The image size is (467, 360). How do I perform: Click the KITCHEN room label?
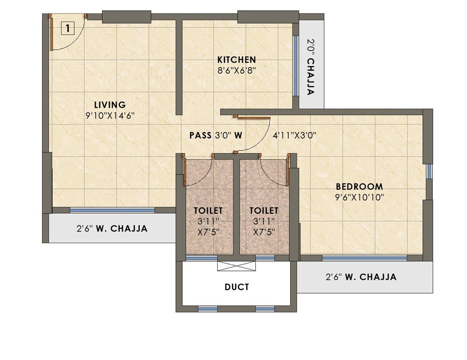pyautogui.click(x=236, y=60)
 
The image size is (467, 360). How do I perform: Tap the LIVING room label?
pyautogui.click(x=110, y=105)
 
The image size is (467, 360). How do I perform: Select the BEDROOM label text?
pyautogui.click(x=359, y=187)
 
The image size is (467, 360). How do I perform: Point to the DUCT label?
pyautogui.click(x=236, y=287)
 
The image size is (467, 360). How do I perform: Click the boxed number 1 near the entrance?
pyautogui.click(x=67, y=29)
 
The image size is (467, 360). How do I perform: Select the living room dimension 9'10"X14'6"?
pyautogui.click(x=110, y=116)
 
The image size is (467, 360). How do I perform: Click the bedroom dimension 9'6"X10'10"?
pyautogui.click(x=359, y=197)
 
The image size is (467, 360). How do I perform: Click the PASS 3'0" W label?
pyautogui.click(x=216, y=135)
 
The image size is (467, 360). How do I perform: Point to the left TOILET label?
pyautogui.click(x=208, y=210)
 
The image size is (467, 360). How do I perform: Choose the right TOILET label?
pyautogui.click(x=264, y=210)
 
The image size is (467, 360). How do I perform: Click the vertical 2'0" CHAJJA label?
pyautogui.click(x=310, y=67)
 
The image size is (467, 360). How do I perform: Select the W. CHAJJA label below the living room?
pyautogui.click(x=112, y=228)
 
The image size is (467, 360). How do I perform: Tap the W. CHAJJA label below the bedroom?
pyautogui.click(x=361, y=277)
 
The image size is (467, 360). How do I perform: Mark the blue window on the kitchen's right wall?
pyautogui.click(x=296, y=66)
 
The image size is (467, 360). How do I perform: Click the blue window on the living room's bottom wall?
pyautogui.click(x=112, y=210)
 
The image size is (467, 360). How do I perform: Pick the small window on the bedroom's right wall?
pyautogui.click(x=429, y=171)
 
